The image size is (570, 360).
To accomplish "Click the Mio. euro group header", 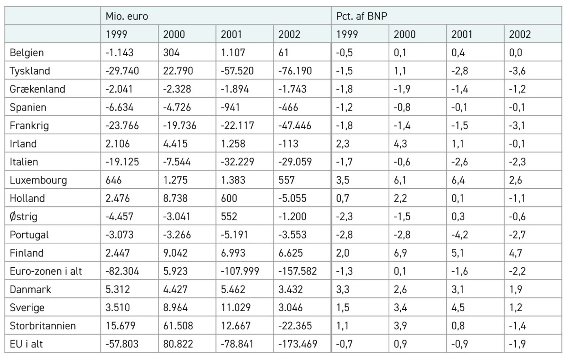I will click(127, 16).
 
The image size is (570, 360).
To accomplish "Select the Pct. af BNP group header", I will click(362, 16).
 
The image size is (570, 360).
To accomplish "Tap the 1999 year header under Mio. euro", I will click(116, 35).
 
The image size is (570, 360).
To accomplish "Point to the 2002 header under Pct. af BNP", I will click(520, 35).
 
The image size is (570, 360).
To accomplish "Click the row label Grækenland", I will click(37, 89).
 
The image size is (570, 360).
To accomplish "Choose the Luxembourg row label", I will click(38, 180).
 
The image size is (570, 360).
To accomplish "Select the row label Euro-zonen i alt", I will click(46, 271).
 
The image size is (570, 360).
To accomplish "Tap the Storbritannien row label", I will click(43, 326).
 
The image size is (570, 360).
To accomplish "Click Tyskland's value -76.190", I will click(295, 71).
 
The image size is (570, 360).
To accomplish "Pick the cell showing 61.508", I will click(178, 326).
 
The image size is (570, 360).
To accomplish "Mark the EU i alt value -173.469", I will click(298, 344).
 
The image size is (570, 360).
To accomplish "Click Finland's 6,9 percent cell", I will click(400, 253).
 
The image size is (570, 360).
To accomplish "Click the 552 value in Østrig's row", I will click(229, 217).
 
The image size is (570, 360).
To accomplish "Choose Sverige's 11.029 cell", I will click(236, 308).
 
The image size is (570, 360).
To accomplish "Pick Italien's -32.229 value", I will click(237, 162).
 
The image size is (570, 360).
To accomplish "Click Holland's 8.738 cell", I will click(175, 199).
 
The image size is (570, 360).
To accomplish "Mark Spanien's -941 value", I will click(230, 107).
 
